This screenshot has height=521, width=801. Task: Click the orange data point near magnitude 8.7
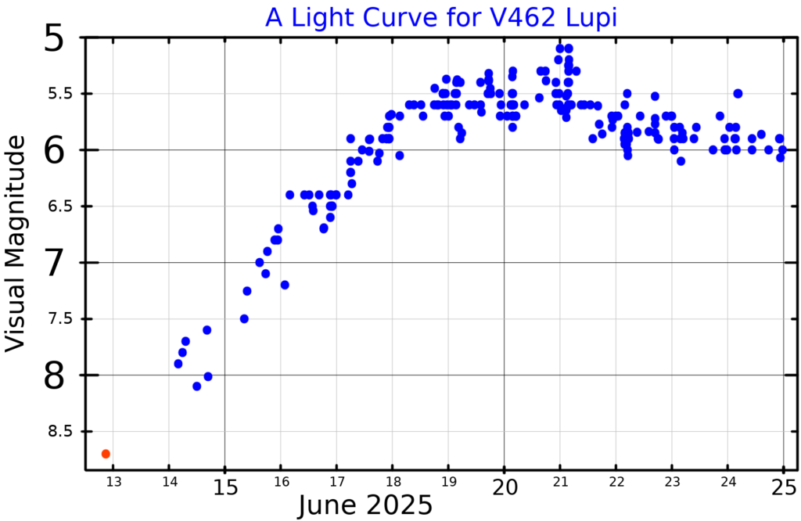click(x=106, y=454)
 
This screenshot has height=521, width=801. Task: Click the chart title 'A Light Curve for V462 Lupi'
click(x=441, y=17)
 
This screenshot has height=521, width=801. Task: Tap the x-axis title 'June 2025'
click(x=365, y=505)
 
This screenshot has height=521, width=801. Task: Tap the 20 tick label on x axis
click(x=504, y=485)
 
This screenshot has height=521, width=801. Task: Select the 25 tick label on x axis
click(x=784, y=485)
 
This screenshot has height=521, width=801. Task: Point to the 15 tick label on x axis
click(x=224, y=485)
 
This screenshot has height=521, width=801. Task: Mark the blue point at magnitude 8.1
click(x=196, y=386)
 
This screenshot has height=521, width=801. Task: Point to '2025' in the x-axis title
click(x=399, y=505)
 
